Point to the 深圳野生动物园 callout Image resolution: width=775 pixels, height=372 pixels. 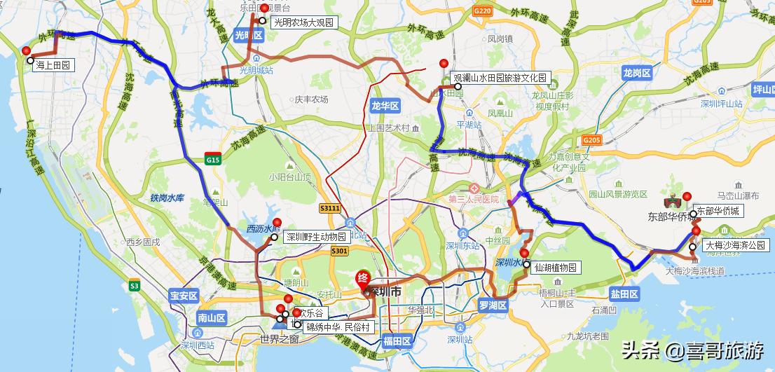(x=315, y=237)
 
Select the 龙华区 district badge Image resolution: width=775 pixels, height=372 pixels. (x=385, y=106)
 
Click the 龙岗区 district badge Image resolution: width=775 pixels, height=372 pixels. (x=637, y=72)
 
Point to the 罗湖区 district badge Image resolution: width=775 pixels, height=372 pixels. (x=493, y=305)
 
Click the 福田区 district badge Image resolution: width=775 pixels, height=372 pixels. (x=397, y=340)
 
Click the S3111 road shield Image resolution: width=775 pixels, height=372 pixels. (x=329, y=208)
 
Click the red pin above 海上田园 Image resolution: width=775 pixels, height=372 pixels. (x=26, y=50)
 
